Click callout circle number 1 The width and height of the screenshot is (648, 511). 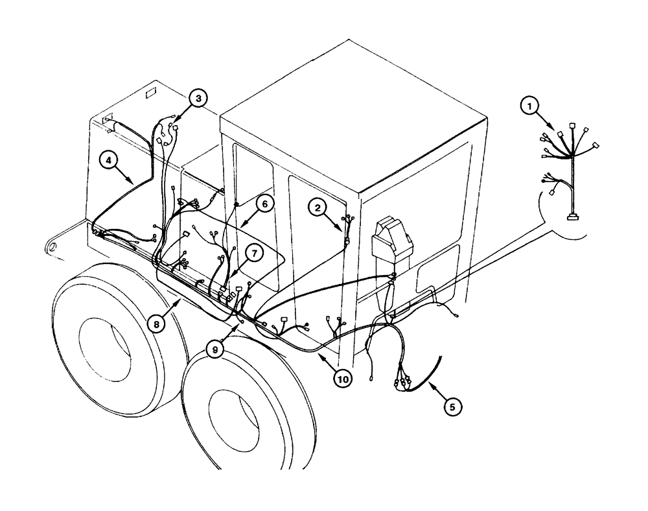click(x=531, y=106)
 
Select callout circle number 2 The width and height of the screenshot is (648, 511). click(x=318, y=208)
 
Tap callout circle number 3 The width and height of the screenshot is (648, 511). click(x=198, y=99)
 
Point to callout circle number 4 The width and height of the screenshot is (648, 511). click(x=109, y=160)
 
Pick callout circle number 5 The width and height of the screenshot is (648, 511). click(x=453, y=406)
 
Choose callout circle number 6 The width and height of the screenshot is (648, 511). click(x=264, y=203)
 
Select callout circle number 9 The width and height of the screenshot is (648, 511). click(x=216, y=349)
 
